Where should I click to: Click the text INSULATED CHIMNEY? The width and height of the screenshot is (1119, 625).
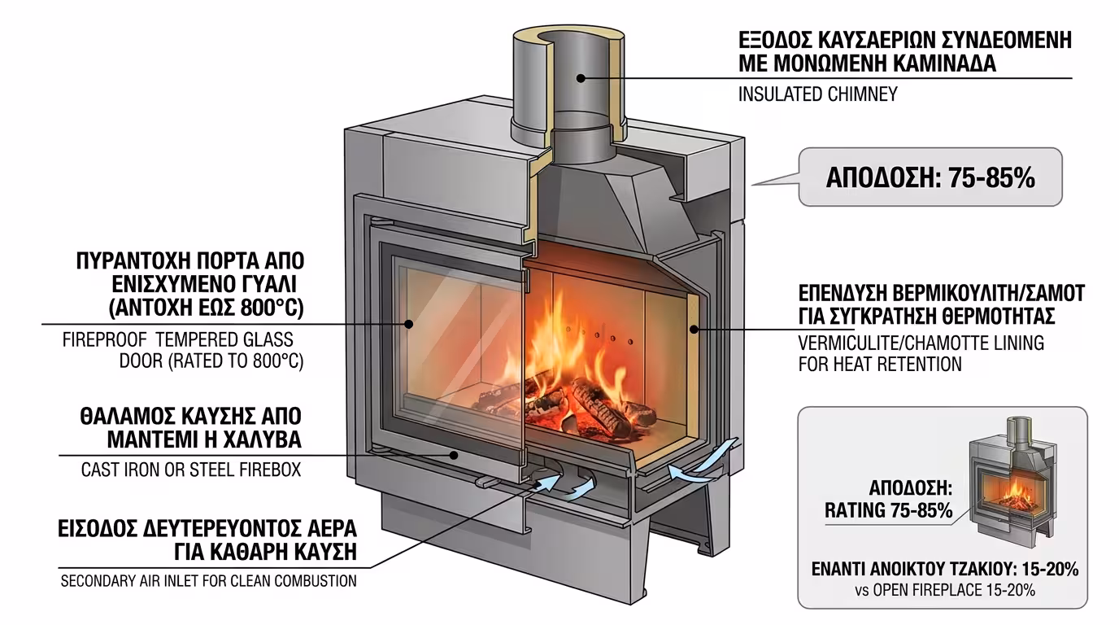[x=817, y=94]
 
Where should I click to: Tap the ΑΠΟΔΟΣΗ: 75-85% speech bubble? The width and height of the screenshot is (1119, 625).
[x=930, y=177]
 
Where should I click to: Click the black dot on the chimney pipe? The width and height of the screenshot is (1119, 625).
[x=581, y=78]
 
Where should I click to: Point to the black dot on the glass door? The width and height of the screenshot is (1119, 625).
[x=410, y=324]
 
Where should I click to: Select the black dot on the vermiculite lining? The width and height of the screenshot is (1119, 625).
[x=694, y=330]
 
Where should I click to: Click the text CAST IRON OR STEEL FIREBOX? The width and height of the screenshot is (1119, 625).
[x=191, y=470]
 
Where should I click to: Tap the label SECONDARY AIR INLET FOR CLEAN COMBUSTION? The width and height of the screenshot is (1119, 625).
[x=209, y=581]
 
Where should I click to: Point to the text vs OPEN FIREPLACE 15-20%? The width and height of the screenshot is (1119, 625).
[x=943, y=591]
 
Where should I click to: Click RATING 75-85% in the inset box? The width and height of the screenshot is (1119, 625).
[x=888, y=511]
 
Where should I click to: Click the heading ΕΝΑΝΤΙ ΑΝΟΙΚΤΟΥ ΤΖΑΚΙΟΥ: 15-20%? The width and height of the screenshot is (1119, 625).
[x=944, y=570]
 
